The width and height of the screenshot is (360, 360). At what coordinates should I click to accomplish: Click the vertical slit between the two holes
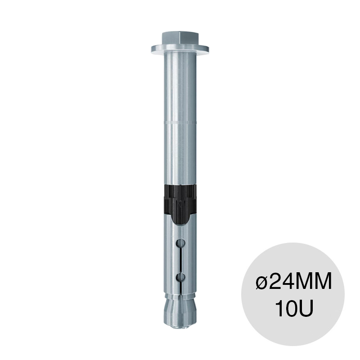click(180, 260)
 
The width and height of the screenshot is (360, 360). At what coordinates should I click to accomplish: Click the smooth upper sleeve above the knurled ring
click(179, 85)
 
